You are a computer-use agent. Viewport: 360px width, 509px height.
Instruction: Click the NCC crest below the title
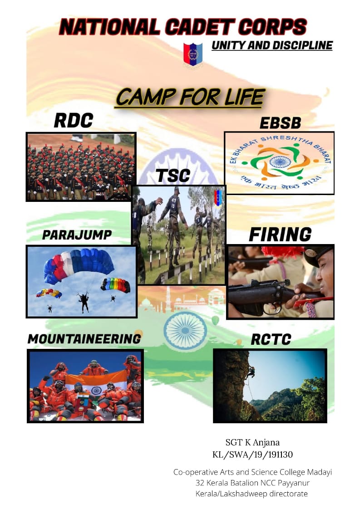(193, 54)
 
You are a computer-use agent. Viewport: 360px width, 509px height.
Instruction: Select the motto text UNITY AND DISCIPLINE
(272, 45)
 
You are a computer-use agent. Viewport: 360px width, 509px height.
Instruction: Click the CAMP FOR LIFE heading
(190, 97)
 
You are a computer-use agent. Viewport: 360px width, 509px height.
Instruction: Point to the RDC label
(73, 121)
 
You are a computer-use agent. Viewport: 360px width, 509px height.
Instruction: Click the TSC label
(173, 176)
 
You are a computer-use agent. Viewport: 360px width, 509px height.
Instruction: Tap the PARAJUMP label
(77, 235)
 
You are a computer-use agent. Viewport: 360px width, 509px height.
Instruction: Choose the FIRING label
(280, 235)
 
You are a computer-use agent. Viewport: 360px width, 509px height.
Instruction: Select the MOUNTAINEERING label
(84, 339)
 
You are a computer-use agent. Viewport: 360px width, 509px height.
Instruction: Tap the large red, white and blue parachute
(79, 265)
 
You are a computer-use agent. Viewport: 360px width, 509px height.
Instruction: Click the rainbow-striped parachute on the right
(115, 284)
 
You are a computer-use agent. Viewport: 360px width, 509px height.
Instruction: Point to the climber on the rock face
(251, 372)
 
